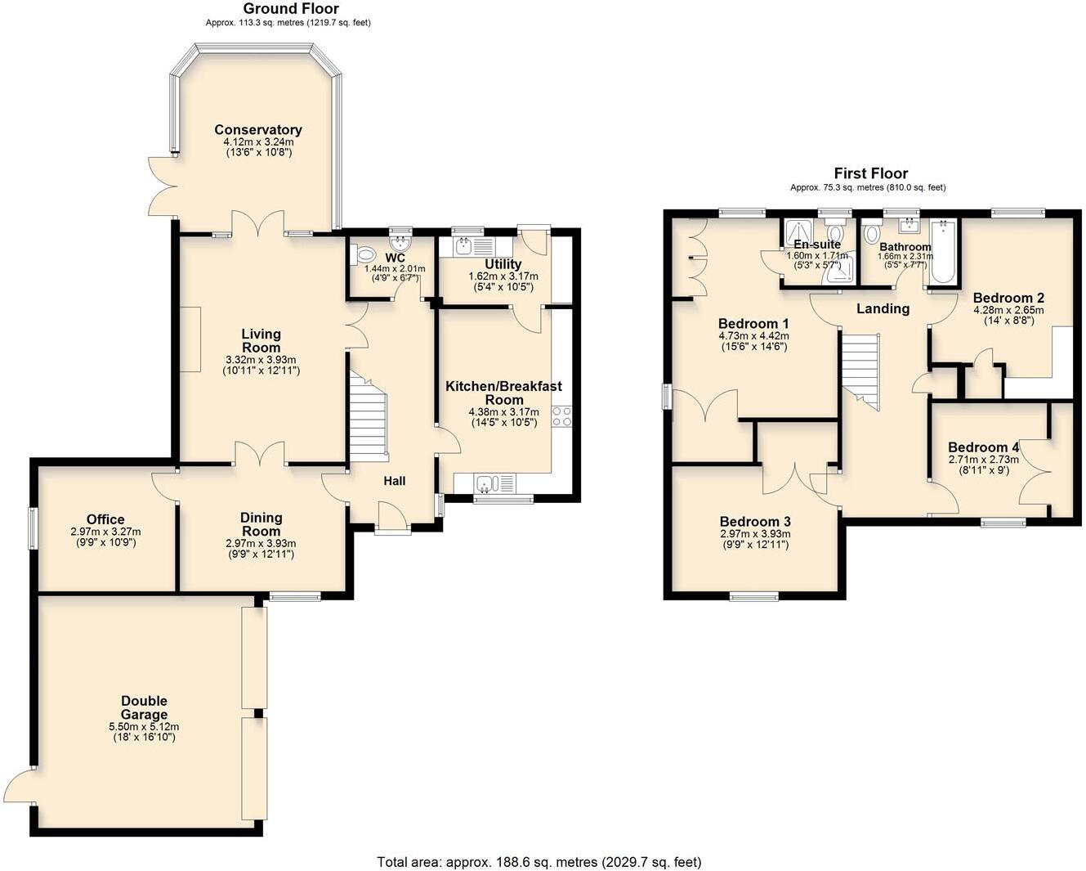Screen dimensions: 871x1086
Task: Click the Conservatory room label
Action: tap(258, 130)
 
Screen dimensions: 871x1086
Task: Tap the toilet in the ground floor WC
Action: tap(362, 255)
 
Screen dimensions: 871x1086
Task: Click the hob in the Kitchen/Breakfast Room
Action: tap(561, 416)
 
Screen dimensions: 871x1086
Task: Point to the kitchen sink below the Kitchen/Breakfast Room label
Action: tap(488, 484)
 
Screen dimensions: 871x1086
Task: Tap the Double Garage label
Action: tap(144, 707)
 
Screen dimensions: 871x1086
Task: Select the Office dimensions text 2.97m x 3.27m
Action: tap(105, 531)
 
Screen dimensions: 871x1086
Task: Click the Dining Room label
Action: tap(261, 524)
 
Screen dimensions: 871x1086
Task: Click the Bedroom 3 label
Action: tap(755, 522)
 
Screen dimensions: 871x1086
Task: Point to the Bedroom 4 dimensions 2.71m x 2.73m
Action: tap(983, 460)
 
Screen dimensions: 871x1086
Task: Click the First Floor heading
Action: tap(870, 173)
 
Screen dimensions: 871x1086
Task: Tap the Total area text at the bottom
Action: tap(539, 861)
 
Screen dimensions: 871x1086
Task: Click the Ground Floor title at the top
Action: tap(291, 8)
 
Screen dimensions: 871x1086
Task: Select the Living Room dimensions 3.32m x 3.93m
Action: tap(261, 360)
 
